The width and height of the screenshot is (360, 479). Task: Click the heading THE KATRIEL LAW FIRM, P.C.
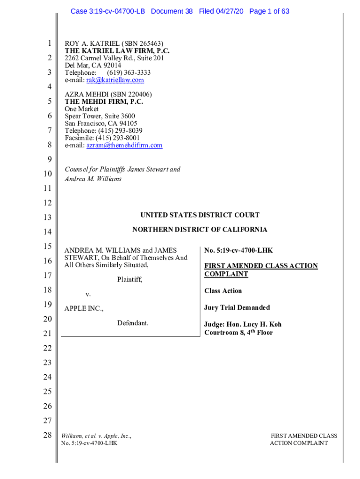point(117,51)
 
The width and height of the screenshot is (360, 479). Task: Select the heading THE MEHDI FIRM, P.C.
point(104,102)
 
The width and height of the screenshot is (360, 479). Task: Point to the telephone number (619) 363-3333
point(129,73)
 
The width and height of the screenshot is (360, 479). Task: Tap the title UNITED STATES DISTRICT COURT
point(200,215)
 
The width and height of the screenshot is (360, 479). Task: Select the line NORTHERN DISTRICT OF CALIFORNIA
point(200,230)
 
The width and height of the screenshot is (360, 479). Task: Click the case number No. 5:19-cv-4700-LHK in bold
point(238,251)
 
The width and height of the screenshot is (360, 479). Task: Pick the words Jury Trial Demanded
point(237,308)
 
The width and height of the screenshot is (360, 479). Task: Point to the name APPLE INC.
point(84,309)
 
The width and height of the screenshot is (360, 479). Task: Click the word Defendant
point(133,323)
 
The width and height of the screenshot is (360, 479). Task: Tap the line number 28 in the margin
point(47,435)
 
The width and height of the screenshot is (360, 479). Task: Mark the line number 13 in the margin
point(47,218)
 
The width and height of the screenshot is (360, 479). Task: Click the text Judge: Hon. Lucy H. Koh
point(243,325)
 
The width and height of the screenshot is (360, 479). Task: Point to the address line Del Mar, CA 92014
point(93,65)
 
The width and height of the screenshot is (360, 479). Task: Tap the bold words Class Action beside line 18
point(223,291)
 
